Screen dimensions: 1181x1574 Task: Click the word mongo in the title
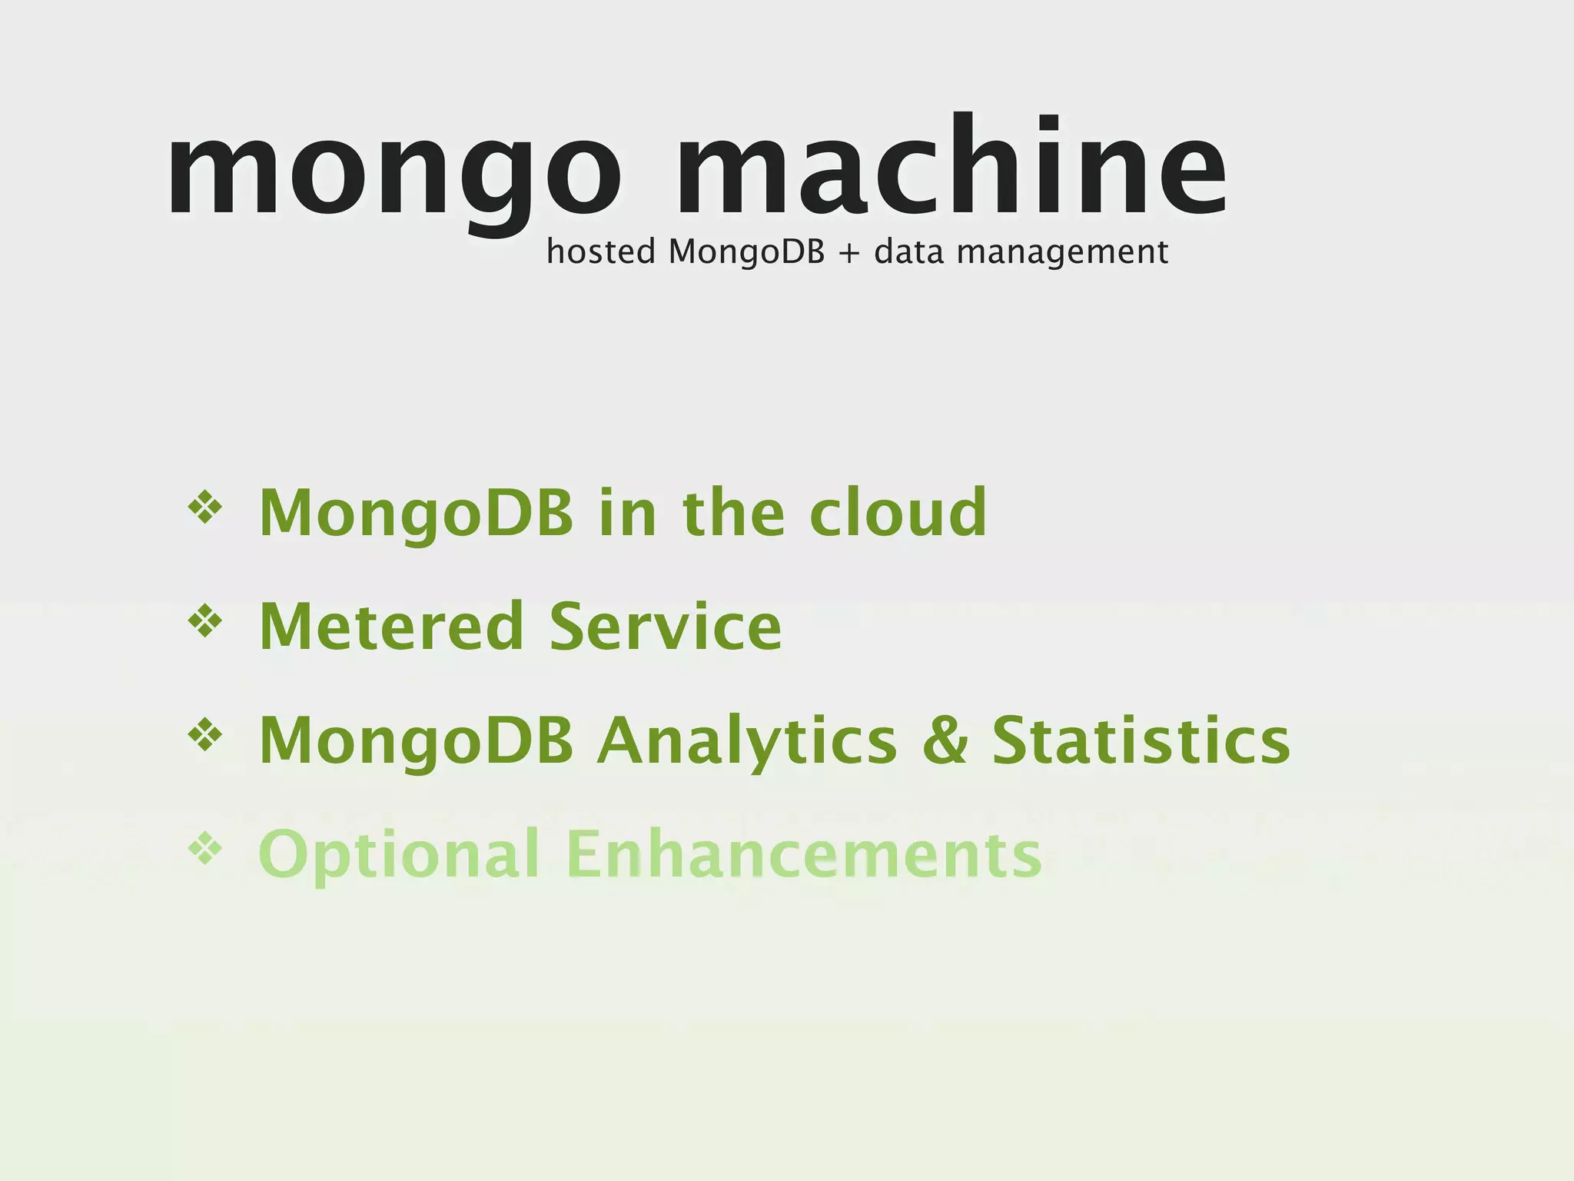click(x=393, y=173)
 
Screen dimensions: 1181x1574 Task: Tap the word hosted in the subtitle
click(x=600, y=251)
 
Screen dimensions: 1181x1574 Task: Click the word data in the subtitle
click(x=908, y=251)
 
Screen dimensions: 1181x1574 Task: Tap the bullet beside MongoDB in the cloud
click(x=204, y=508)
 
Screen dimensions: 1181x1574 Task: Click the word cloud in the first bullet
click(x=898, y=512)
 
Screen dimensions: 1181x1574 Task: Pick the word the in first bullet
click(x=733, y=512)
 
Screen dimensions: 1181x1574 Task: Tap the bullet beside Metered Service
click(x=204, y=621)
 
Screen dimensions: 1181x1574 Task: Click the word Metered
click(x=391, y=627)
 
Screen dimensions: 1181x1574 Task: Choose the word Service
click(x=666, y=627)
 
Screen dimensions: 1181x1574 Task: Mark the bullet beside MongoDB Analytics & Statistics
click(x=204, y=736)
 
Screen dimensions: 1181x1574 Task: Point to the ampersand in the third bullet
click(x=945, y=740)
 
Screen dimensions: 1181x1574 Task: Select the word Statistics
click(x=1141, y=740)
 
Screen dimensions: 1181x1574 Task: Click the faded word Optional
click(x=399, y=855)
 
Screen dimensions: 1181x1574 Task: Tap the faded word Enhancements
click(x=803, y=853)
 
